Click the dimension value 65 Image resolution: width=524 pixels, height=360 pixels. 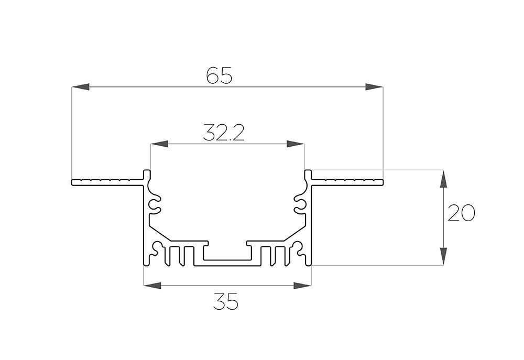tap(219, 75)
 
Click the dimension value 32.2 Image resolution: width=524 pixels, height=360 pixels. tap(224, 133)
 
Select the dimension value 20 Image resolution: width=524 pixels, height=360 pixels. tap(461, 213)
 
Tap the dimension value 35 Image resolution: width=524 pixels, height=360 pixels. tap(225, 301)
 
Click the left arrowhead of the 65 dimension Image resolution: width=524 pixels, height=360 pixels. tap(81, 87)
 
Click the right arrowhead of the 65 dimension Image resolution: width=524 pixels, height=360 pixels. tap(374, 87)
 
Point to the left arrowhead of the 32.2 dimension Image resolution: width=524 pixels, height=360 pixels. tap(159, 144)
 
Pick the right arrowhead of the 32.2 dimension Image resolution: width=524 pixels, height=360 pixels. tap(296, 144)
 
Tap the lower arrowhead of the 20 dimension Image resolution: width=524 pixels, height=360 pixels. tap(443, 256)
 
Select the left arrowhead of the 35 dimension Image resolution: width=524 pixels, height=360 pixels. tap(152, 286)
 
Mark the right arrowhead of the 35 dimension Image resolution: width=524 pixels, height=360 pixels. tap(302, 286)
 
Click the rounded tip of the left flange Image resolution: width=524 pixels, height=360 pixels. tap(72, 182)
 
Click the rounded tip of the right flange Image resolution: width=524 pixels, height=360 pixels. tap(382, 182)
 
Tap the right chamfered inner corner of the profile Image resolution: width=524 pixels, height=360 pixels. tap(294, 232)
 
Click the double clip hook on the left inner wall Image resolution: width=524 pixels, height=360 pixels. tap(155, 205)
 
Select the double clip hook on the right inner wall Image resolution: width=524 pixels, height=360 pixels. tap(300, 205)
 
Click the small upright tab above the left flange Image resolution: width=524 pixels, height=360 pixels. tap(147, 174)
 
